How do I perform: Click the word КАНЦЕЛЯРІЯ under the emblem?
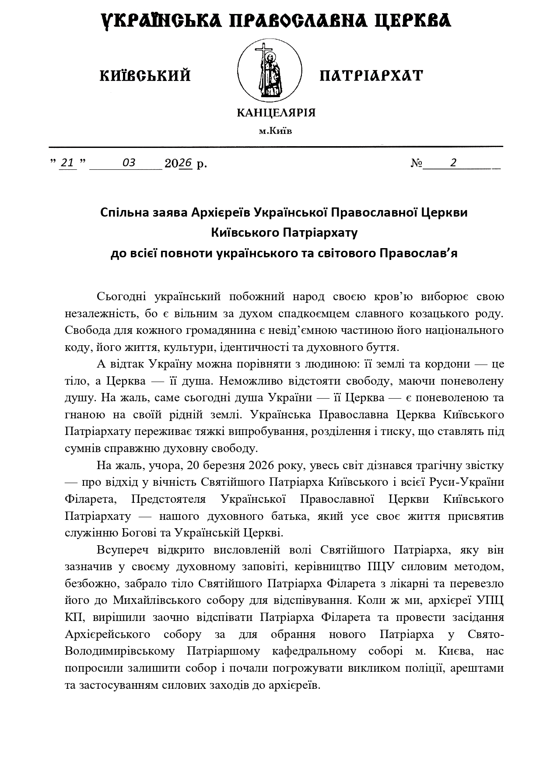276,113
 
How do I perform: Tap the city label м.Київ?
275,131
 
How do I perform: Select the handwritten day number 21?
67,163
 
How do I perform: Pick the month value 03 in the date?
129,163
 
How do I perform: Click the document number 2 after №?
454,163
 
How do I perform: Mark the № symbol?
417,164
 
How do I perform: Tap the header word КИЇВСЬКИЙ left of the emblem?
145,76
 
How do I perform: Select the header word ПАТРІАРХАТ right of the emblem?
371,76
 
